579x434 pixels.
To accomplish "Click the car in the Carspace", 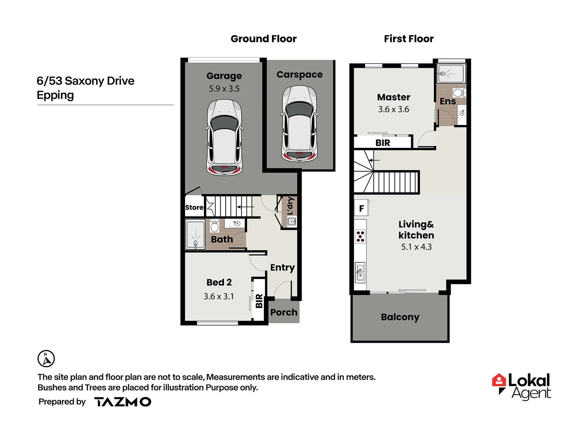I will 300,124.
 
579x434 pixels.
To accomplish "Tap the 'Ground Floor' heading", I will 263,39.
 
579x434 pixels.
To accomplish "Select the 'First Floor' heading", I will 409,39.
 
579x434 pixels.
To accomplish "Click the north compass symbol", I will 46,358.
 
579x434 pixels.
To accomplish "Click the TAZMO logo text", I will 123,402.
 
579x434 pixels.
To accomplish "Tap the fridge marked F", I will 361,209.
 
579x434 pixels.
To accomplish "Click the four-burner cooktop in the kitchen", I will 360,237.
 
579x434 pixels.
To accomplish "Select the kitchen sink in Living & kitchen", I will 360,272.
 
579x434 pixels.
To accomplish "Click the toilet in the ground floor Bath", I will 215,226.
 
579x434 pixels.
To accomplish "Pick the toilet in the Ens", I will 458,93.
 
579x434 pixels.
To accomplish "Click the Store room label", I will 194,207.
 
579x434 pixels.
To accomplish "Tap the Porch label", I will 284,312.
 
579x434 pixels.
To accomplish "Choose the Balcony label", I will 400,317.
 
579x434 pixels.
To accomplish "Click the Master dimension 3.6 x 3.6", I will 393,109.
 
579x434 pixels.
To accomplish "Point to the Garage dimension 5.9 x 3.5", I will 224,89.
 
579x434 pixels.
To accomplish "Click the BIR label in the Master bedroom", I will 382,143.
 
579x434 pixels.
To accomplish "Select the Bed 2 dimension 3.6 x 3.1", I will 218,297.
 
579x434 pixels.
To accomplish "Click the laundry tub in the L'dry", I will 292,221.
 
